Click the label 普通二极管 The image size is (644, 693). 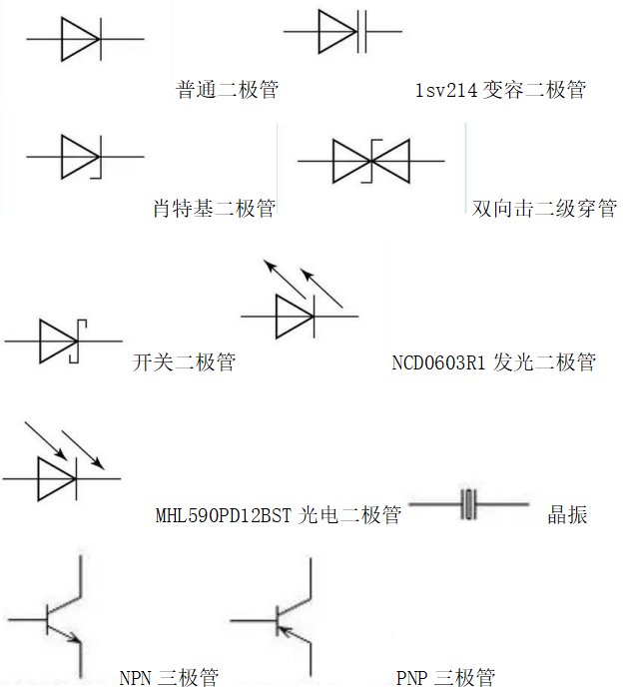(x=227, y=90)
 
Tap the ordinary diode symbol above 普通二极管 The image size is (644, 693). (x=80, y=40)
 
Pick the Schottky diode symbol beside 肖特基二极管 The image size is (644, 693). (x=81, y=157)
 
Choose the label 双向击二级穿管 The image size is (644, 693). (x=544, y=208)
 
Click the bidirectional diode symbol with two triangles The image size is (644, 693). (x=370, y=161)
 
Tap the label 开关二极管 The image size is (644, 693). (x=184, y=361)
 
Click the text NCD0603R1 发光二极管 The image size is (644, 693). (x=493, y=361)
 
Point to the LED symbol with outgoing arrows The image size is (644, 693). (x=296, y=316)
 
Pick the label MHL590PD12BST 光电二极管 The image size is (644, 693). (x=279, y=514)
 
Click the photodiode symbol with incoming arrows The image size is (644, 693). (x=58, y=479)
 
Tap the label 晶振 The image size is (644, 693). (x=567, y=514)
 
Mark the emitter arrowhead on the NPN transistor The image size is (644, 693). (x=74, y=640)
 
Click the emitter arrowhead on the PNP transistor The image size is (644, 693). (x=284, y=629)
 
